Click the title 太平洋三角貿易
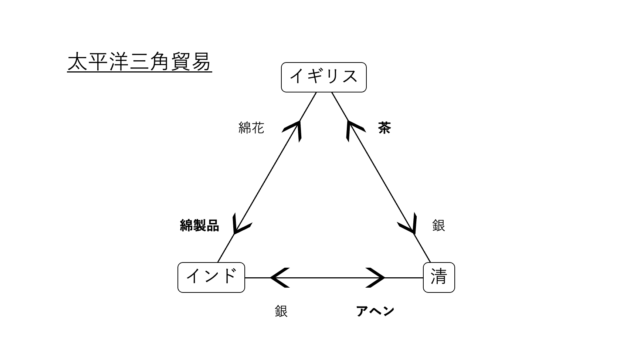[139, 62]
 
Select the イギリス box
[322, 76]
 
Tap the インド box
[211, 277]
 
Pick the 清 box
[438, 277]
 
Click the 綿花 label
[251, 129]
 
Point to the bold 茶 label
[385, 129]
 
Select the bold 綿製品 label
[199, 226]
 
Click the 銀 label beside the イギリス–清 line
[438, 226]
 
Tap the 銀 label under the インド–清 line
[281, 311]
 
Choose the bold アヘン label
[375, 311]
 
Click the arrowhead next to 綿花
[294, 127]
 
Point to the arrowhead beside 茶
[352, 127]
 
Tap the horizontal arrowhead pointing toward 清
[375, 277]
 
